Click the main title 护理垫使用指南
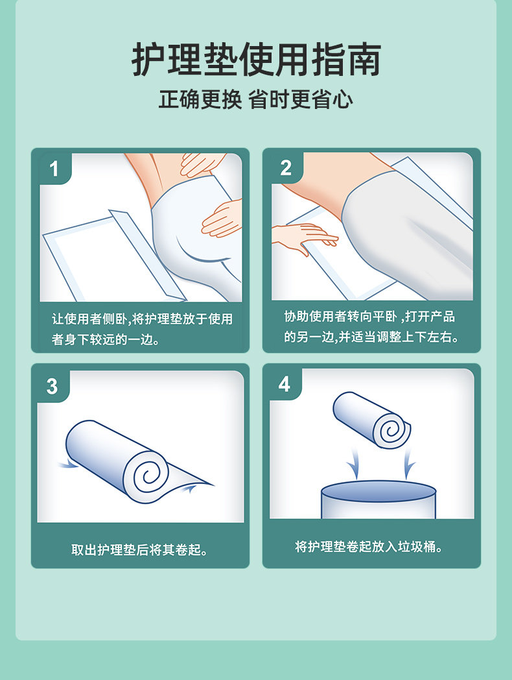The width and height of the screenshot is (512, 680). [256, 60]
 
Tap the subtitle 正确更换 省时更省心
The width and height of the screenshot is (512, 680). [255, 99]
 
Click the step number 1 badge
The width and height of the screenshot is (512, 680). [54, 169]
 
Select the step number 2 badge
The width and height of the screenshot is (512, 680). [286, 168]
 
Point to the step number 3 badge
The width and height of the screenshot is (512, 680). [52, 386]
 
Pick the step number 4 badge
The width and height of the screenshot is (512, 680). [284, 384]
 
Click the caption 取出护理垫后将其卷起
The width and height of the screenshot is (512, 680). [139, 550]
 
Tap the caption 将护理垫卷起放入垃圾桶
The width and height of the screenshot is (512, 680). [369, 546]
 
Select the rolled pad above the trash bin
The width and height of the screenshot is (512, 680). [372, 420]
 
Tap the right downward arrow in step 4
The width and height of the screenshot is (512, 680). [408, 464]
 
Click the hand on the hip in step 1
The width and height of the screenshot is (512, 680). [222, 219]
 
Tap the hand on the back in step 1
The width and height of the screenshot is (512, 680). [202, 164]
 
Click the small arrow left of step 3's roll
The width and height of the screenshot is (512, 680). [67, 465]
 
